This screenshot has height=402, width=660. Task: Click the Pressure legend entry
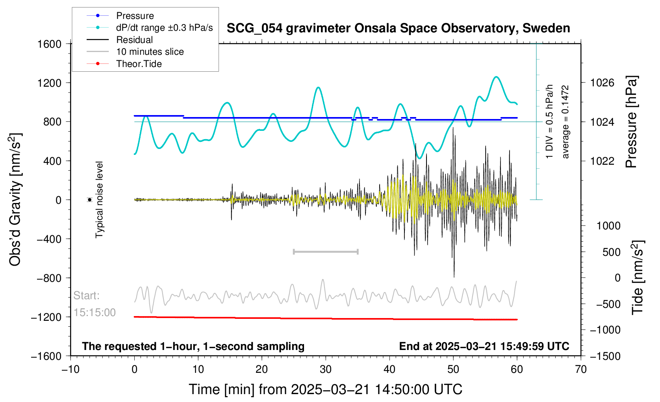[135, 16]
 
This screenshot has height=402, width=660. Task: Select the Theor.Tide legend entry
[139, 64]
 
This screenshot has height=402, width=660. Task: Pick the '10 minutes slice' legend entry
[150, 52]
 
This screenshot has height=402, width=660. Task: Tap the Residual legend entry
[134, 40]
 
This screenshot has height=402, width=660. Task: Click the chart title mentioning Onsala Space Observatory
[398, 28]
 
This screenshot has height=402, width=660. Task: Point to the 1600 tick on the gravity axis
[50, 44]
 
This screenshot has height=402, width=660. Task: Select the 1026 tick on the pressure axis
[602, 83]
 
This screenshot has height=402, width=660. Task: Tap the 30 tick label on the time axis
[326, 370]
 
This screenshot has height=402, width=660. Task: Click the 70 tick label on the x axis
[580, 370]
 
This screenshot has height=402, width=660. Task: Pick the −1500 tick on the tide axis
[605, 356]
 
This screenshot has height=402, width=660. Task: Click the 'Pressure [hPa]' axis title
[631, 122]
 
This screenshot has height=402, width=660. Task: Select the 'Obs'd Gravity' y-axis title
[15, 200]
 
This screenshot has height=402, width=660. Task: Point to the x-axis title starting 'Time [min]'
[325, 389]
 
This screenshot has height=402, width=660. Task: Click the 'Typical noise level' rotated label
[99, 200]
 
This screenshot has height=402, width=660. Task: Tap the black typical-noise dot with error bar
[90, 200]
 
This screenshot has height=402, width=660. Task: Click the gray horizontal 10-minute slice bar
[326, 252]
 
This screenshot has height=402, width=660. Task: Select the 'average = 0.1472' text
[565, 122]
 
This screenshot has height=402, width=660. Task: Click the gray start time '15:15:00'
[95, 313]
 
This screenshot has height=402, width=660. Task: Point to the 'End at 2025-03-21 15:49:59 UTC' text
[484, 346]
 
